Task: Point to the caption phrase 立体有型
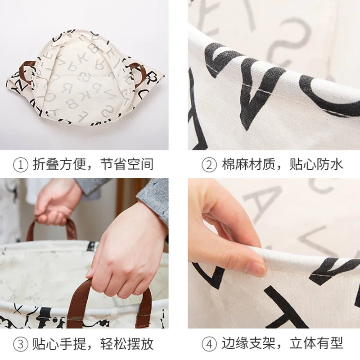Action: [318, 345]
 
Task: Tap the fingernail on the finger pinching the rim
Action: [256, 269]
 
